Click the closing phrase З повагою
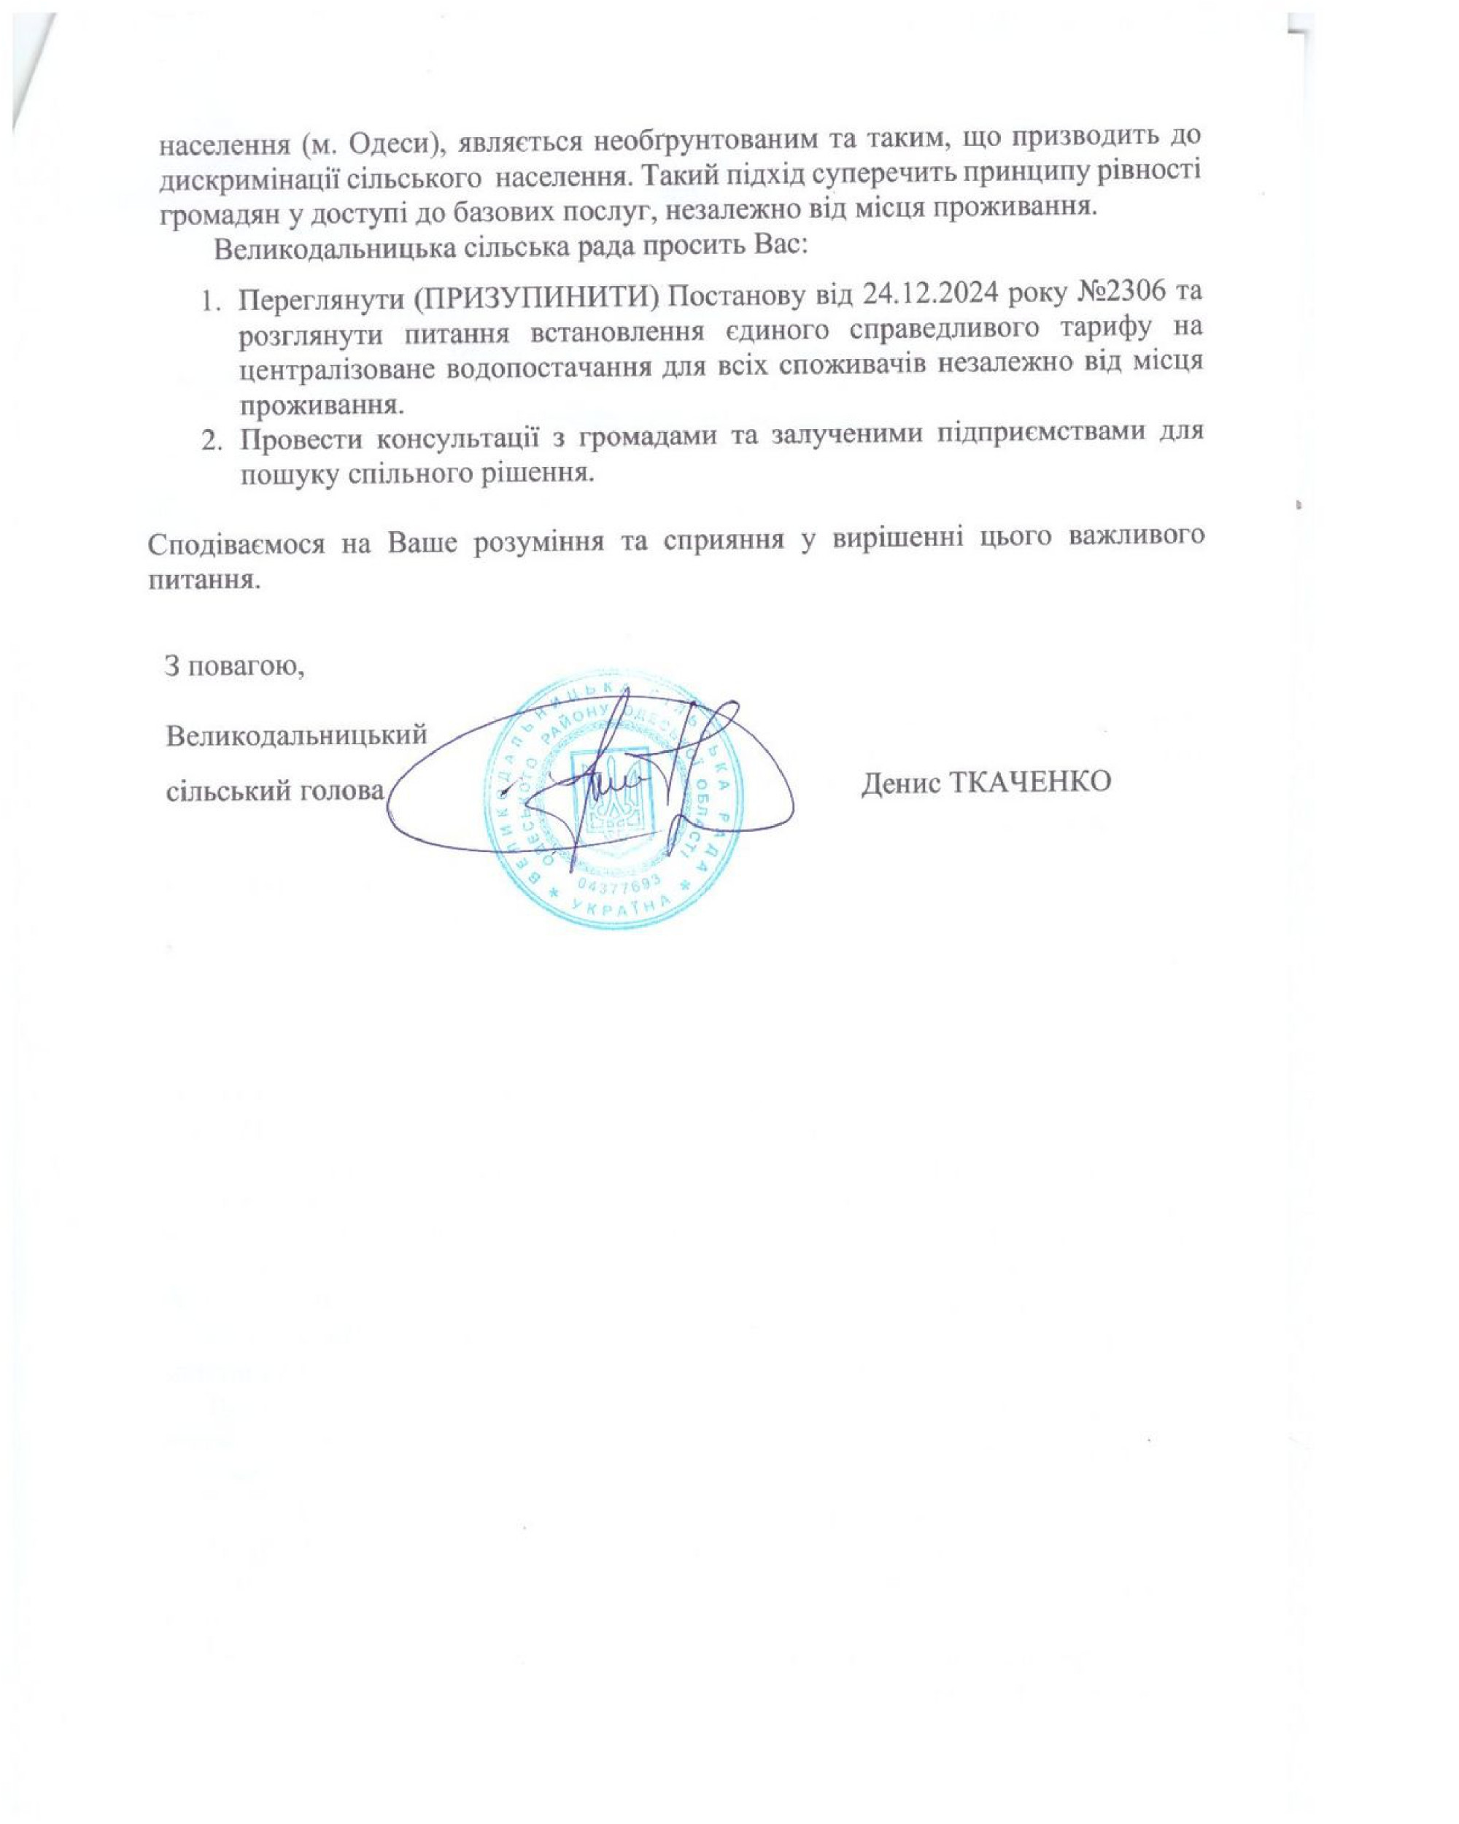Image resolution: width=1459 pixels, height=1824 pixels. (234, 666)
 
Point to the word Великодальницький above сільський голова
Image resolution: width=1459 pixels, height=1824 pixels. (296, 734)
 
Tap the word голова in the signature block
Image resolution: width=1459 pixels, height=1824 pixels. (341, 790)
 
